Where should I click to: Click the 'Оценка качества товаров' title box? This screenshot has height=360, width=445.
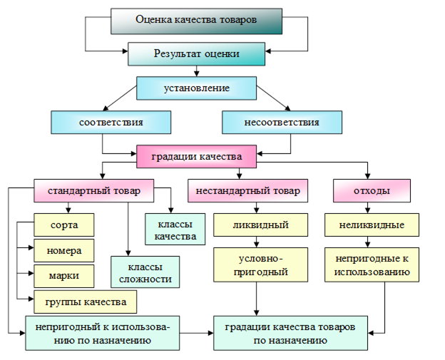[x=196, y=20]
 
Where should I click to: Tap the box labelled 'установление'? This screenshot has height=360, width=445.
[x=196, y=88]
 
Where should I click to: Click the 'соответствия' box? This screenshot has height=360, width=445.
[x=111, y=122]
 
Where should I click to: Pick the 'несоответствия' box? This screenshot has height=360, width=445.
[x=281, y=122]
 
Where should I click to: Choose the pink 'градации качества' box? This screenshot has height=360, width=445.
[x=196, y=156]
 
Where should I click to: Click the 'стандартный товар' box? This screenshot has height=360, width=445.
[x=94, y=191]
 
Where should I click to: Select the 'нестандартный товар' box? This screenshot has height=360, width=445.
[x=247, y=191]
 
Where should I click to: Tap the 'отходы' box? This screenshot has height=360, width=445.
[x=372, y=191]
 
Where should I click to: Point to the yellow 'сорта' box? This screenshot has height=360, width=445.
[x=64, y=225]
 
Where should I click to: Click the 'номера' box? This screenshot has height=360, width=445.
[x=64, y=250]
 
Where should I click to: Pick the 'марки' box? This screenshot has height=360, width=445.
[x=64, y=275]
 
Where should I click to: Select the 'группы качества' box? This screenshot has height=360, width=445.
[x=86, y=302]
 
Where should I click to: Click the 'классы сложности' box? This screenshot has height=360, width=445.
[x=145, y=272]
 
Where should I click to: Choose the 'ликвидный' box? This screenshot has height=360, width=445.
[x=260, y=225]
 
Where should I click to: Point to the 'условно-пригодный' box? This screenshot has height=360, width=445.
[x=260, y=264]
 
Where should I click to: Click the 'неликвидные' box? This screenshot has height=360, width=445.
[x=372, y=225]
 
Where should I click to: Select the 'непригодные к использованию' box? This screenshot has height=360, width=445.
[x=372, y=264]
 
